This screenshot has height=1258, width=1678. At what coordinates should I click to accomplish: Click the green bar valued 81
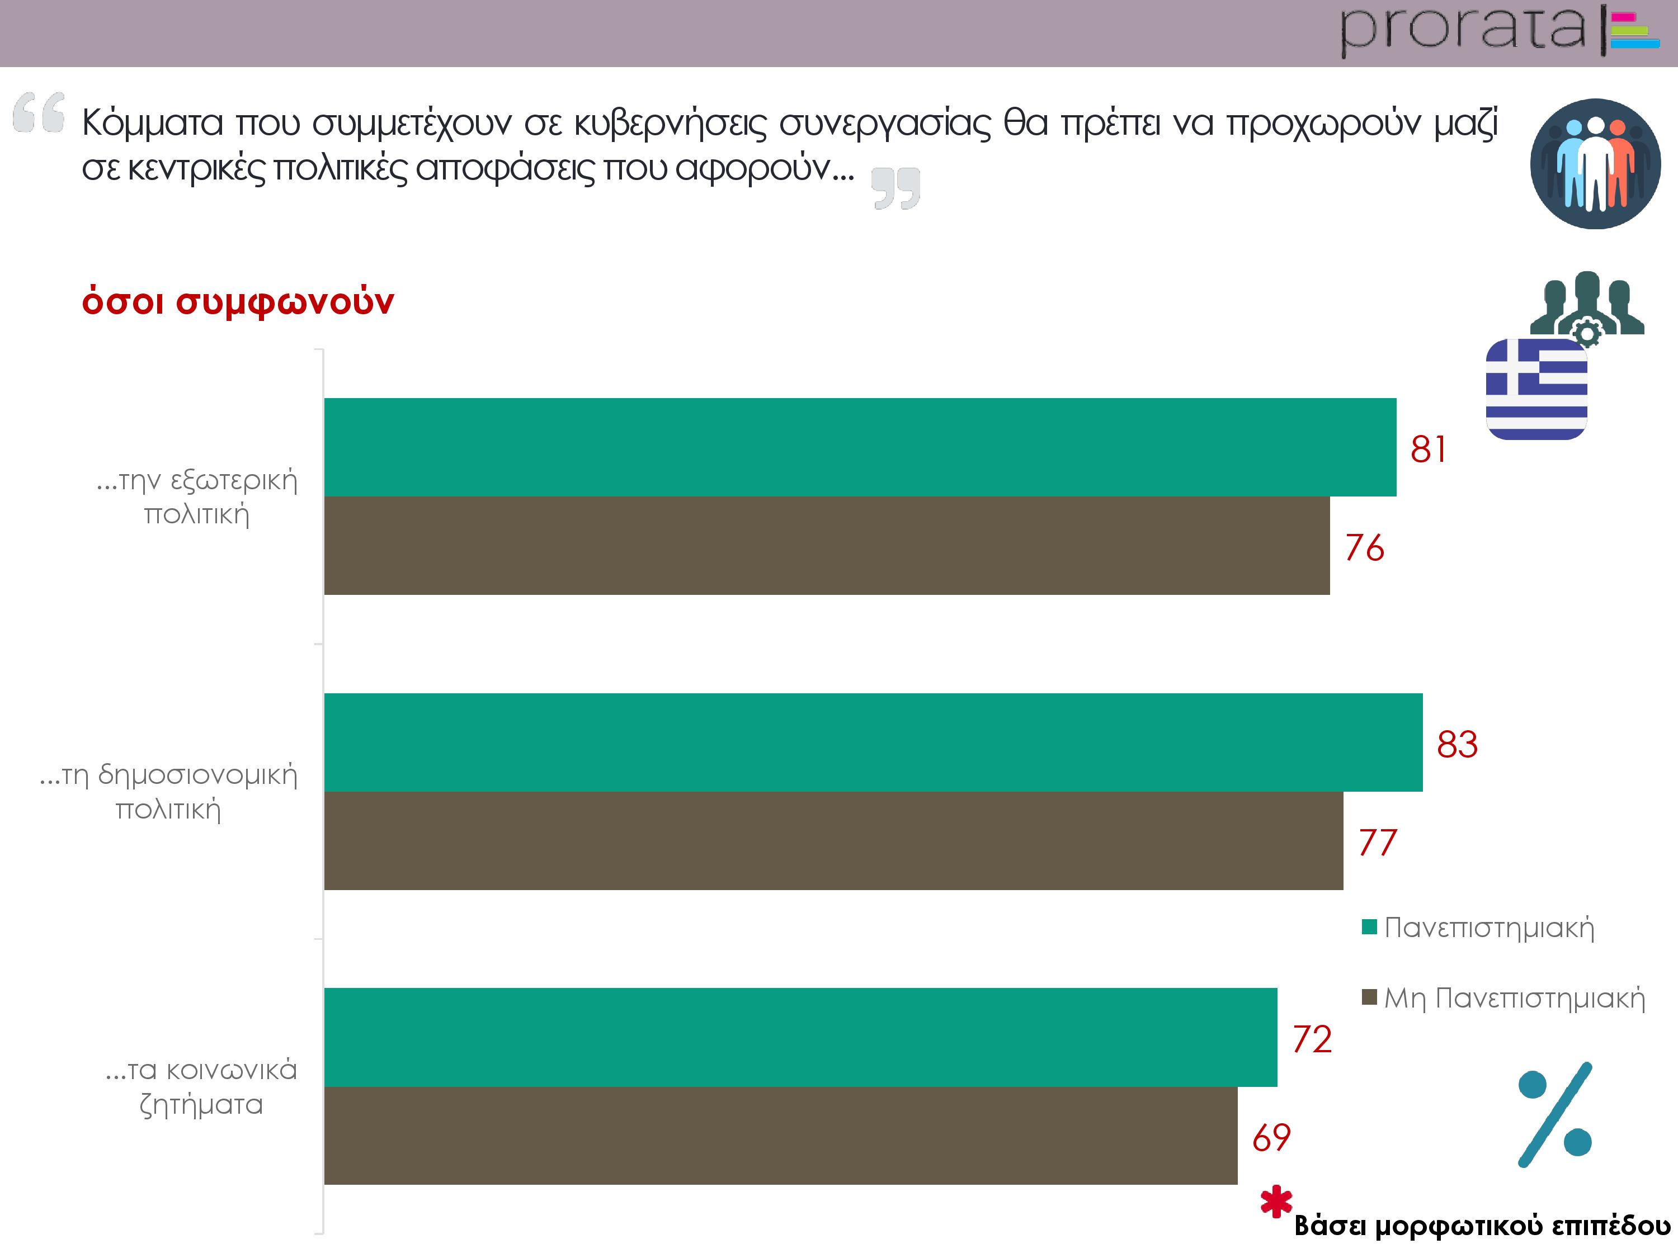pos(860,447)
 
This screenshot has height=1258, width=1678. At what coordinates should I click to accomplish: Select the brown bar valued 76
pos(827,545)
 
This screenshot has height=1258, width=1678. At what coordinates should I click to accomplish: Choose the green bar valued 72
pos(800,1037)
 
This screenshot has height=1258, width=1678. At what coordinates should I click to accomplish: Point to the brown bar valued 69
pos(781,1135)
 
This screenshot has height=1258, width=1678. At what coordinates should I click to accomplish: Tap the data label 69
pos(1271,1137)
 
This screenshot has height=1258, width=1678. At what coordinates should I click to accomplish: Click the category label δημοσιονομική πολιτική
pos(168,792)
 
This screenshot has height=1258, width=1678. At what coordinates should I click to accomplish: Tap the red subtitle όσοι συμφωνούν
pos(238,302)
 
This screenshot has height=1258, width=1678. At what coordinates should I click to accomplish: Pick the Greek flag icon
pos(1536,389)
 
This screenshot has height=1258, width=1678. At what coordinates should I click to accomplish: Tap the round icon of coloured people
pos(1595,164)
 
